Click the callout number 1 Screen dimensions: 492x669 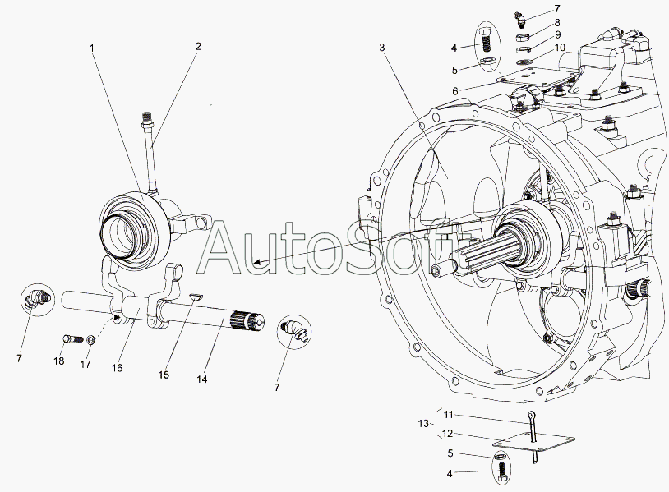click(92, 48)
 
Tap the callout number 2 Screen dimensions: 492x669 click(198, 47)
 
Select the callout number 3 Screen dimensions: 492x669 click(382, 48)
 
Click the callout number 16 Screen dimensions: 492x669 click(118, 368)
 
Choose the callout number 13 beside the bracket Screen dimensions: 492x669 click(423, 424)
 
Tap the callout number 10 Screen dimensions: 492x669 click(559, 48)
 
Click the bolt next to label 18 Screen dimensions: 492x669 click(71, 338)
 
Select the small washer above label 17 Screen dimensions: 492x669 click(91, 340)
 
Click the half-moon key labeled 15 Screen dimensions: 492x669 click(194, 297)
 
